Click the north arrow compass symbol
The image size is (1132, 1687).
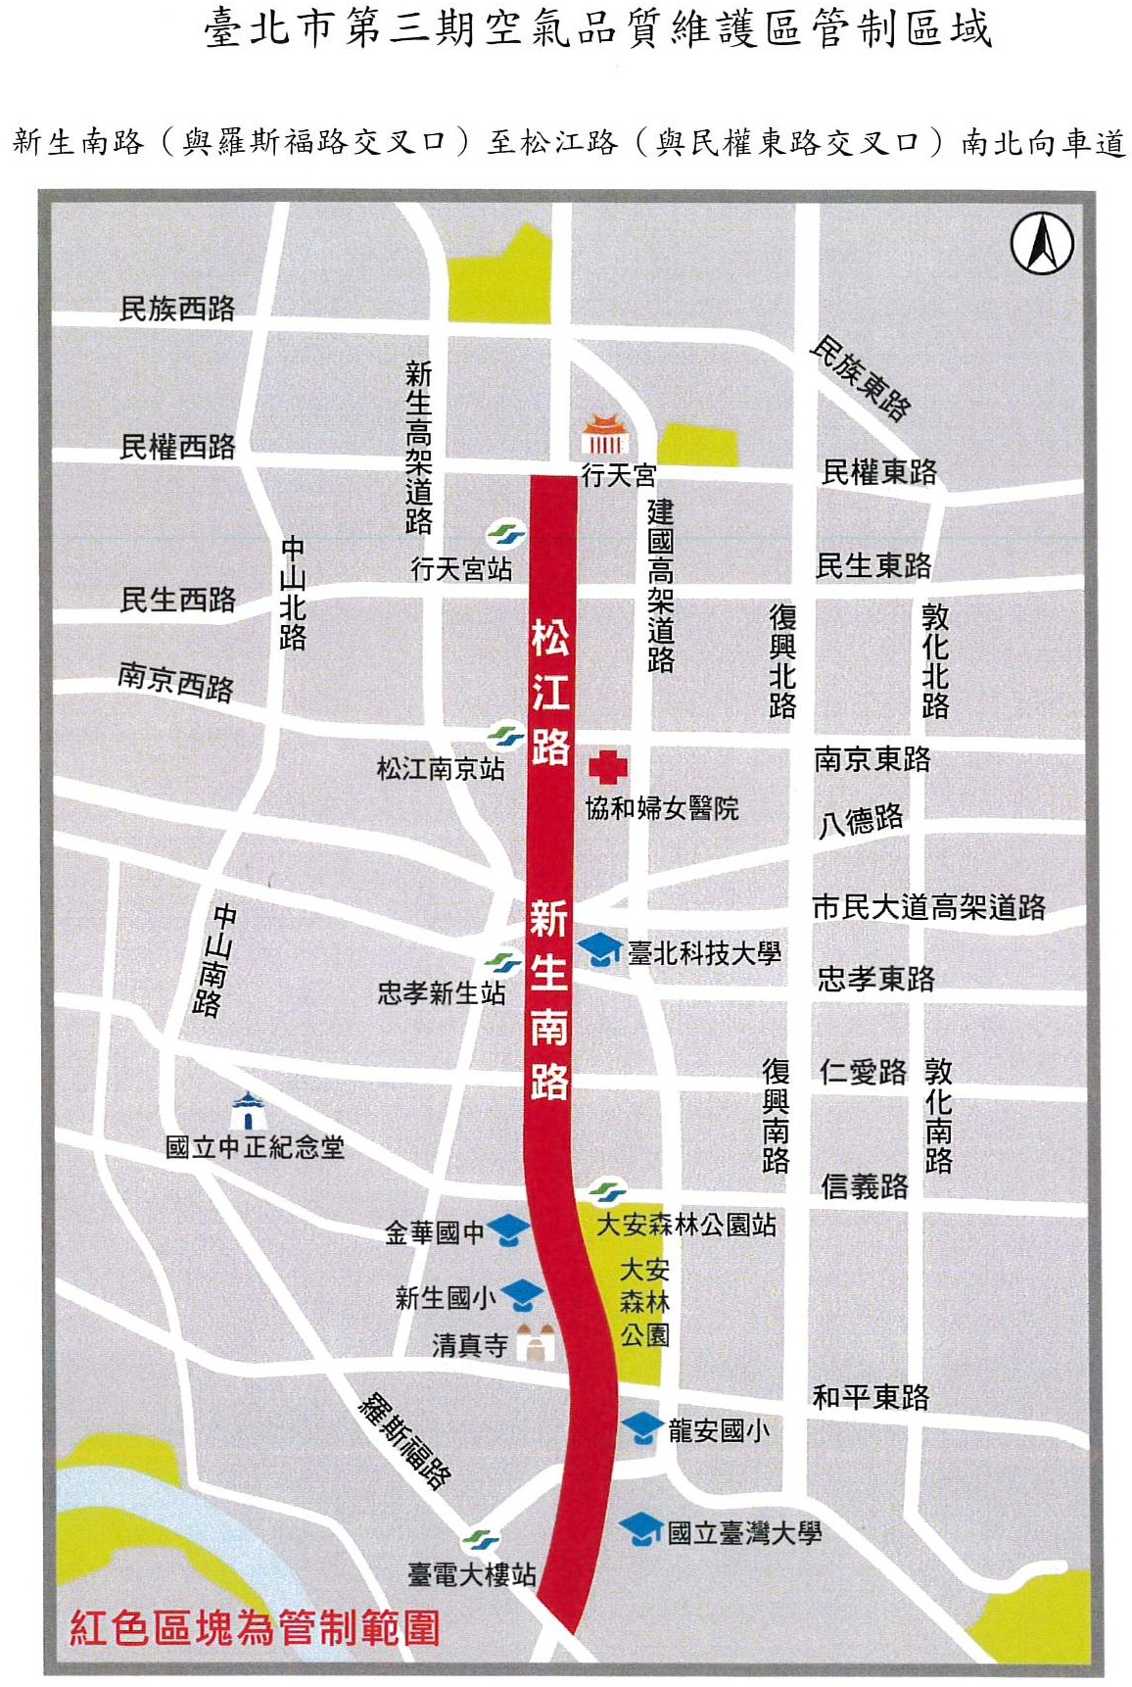[x=1042, y=244]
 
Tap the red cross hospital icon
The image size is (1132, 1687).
[x=607, y=768]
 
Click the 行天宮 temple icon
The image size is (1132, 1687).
[x=604, y=436]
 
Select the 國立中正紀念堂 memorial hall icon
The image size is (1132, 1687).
[x=248, y=1111]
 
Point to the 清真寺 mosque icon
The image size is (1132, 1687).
[x=535, y=1341]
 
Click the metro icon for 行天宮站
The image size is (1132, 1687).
[x=505, y=534]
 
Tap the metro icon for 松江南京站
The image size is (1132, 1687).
[x=505, y=735]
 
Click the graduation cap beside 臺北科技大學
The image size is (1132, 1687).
[x=600, y=948]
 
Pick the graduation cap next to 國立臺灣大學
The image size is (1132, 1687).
[x=641, y=1528]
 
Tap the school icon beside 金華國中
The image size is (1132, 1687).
[x=508, y=1230]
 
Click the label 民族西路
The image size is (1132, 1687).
[x=177, y=309]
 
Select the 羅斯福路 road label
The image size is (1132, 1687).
[x=404, y=1440]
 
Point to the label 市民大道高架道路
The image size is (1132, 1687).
[x=928, y=907]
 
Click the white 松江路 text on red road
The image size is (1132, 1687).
[x=550, y=692]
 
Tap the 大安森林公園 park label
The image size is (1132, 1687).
[x=644, y=1302]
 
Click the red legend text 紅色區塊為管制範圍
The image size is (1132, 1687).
[x=255, y=1628]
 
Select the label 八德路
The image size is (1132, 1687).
[x=861, y=819]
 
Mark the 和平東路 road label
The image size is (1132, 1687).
[x=871, y=1397]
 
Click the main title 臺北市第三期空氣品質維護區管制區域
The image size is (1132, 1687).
[x=598, y=29]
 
